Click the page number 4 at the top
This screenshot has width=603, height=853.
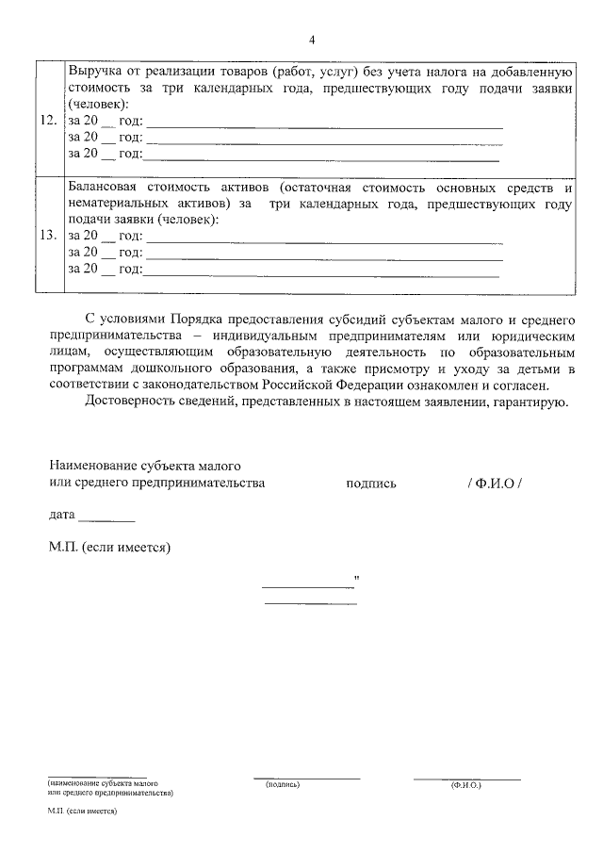click(x=311, y=39)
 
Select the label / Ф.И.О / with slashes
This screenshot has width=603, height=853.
click(x=494, y=484)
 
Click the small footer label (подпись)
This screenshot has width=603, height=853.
click(x=282, y=784)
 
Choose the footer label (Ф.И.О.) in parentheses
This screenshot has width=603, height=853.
click(x=466, y=784)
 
